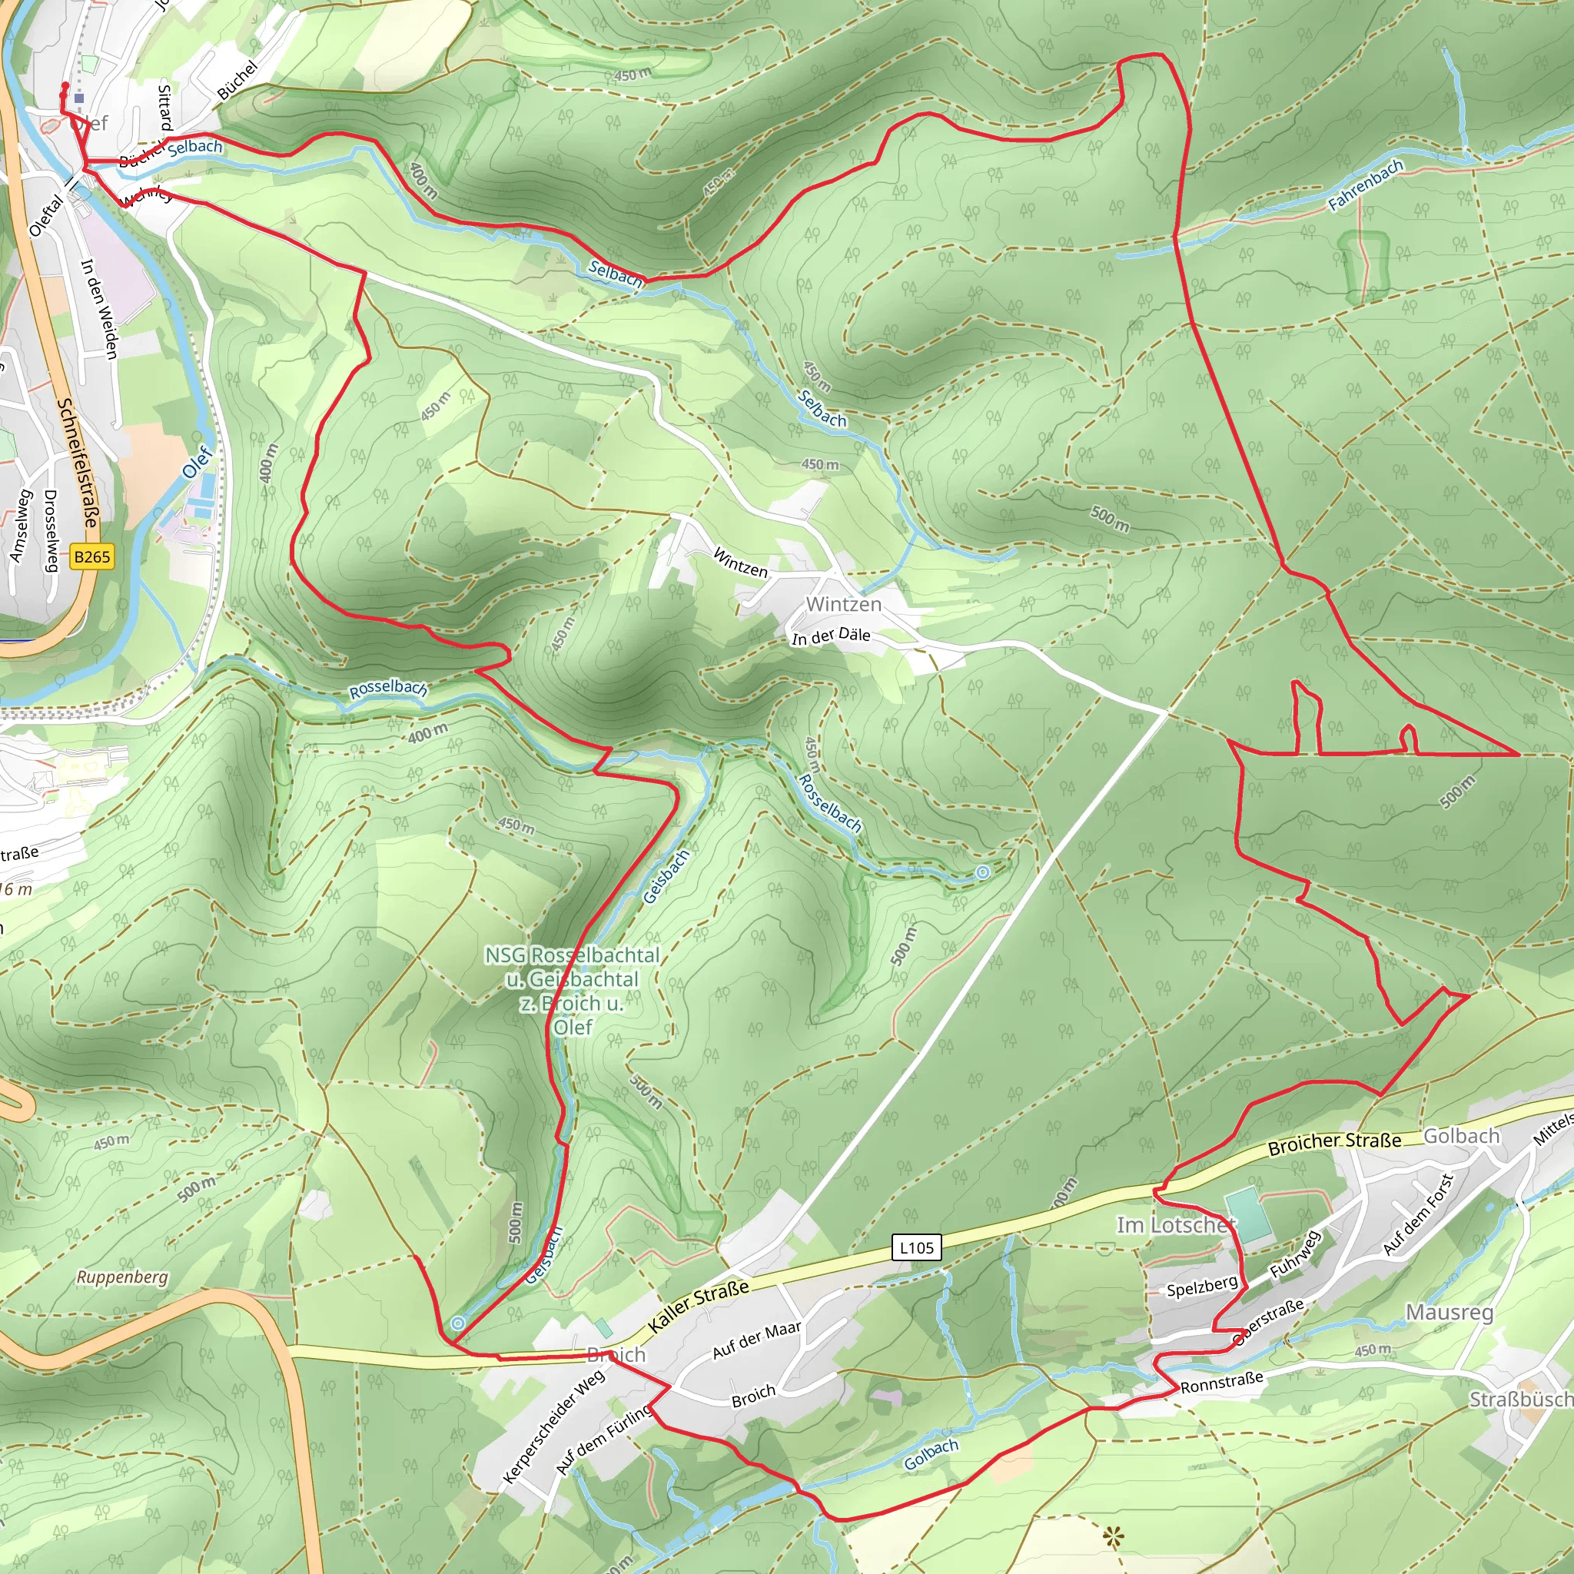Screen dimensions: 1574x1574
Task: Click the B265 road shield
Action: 91,557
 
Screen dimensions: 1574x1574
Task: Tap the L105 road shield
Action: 917,1247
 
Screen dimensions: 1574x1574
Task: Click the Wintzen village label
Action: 843,603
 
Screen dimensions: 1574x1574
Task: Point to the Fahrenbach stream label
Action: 1366,185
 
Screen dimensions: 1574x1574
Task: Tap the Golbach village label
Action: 1461,1136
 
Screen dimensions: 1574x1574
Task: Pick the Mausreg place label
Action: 1449,1312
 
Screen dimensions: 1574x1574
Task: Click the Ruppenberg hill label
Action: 122,1277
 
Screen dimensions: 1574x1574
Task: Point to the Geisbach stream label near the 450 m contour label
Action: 666,877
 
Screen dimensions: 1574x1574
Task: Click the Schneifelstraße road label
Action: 78,462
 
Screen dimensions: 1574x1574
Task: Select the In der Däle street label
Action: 830,636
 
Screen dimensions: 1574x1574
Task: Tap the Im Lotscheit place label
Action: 1176,1224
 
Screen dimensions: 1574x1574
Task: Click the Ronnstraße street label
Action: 1221,1381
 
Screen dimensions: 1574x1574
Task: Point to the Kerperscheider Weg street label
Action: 554,1426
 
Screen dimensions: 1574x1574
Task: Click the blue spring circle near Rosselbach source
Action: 982,872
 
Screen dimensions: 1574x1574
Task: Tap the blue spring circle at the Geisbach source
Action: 458,1323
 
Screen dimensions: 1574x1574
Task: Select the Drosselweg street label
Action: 51,530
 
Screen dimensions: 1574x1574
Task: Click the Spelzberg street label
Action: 1202,1287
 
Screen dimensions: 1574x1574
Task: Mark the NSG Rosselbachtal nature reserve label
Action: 572,990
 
